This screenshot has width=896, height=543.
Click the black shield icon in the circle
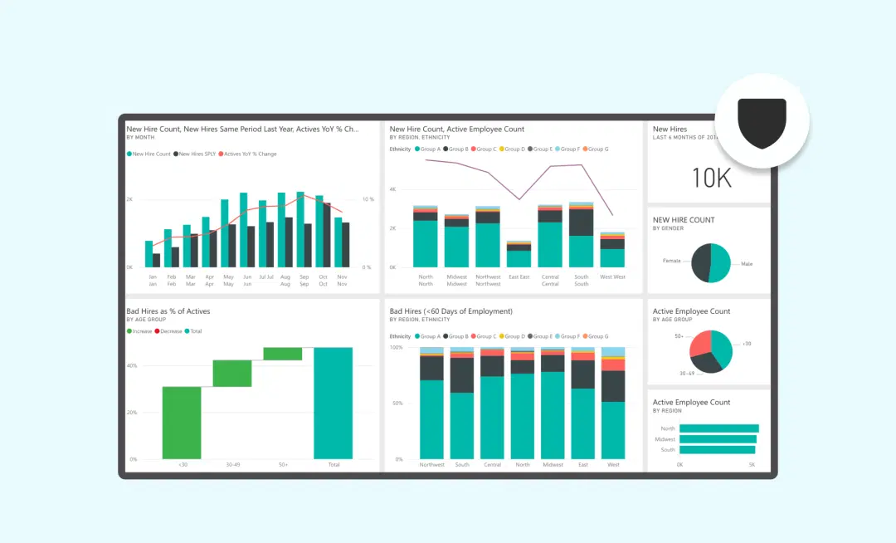click(x=762, y=123)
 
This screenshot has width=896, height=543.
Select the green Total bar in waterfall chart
click(x=334, y=403)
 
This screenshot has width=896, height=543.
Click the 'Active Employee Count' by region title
click(x=691, y=402)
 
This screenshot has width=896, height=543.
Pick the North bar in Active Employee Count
click(x=718, y=428)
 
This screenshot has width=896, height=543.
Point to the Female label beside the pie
click(x=671, y=261)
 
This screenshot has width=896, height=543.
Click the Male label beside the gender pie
click(x=747, y=264)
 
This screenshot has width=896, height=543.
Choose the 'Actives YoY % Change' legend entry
click(x=250, y=154)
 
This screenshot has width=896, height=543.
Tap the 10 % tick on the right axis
click(x=366, y=199)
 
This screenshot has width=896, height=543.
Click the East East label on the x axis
click(x=519, y=276)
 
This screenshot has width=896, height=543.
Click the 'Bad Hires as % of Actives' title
click(x=168, y=311)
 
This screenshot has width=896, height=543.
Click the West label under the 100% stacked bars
click(x=613, y=465)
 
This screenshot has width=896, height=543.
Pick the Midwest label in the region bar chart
click(x=665, y=439)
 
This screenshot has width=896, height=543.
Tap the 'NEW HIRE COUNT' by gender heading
click(x=684, y=220)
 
